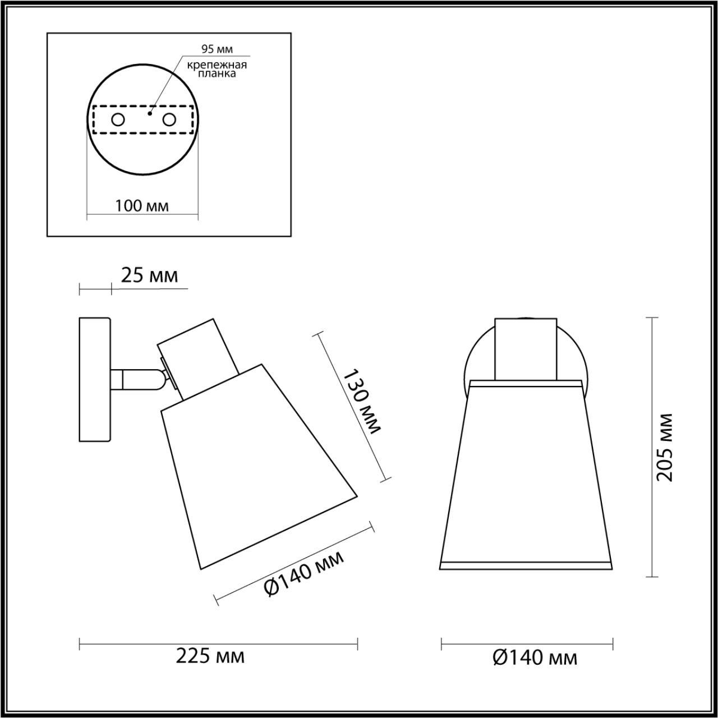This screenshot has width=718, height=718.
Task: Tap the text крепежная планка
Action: point(217,69)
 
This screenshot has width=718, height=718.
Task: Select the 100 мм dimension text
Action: point(142,205)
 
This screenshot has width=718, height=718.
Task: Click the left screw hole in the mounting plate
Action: point(118,119)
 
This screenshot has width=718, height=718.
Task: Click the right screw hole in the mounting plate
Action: point(169,119)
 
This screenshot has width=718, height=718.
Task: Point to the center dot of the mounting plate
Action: point(149,113)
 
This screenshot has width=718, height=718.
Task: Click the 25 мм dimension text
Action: point(149,276)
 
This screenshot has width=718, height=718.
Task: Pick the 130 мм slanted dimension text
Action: point(362,402)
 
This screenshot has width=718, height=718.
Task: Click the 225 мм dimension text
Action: point(210,656)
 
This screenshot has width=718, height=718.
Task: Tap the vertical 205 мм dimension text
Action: point(665,447)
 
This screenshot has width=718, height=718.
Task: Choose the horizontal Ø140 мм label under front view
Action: point(535,657)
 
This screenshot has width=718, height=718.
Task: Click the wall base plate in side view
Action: point(95,380)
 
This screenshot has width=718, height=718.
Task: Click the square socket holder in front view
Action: point(526,349)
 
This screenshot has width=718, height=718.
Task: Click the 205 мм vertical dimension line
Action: point(651,447)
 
